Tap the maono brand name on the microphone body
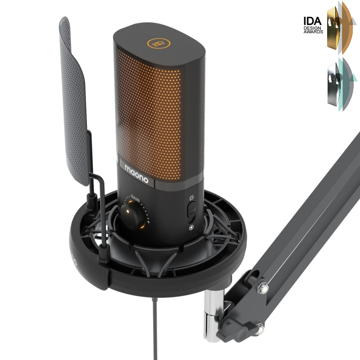[136, 174]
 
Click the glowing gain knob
[133, 216]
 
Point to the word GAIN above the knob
[135, 198]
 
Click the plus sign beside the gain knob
[148, 222]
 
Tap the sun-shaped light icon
[192, 198]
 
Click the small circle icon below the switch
[191, 228]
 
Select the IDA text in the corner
[312, 21]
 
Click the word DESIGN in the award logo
[312, 28]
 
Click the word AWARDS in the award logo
[313, 31]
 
